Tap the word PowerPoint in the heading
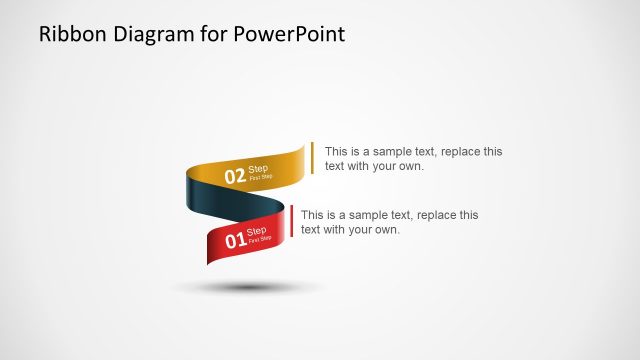pyautogui.click(x=293, y=34)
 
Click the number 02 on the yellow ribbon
pyautogui.click(x=234, y=177)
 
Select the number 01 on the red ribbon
pyautogui.click(x=234, y=241)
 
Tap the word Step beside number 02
pyautogui.click(x=258, y=169)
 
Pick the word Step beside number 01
pyautogui.click(x=256, y=232)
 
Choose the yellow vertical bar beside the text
pyautogui.click(x=312, y=158)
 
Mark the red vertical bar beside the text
pyautogui.click(x=291, y=222)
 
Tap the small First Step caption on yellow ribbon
pyautogui.click(x=260, y=177)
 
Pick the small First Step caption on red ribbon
pyautogui.click(x=259, y=240)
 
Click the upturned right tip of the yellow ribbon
pyautogui.click(x=300, y=151)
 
